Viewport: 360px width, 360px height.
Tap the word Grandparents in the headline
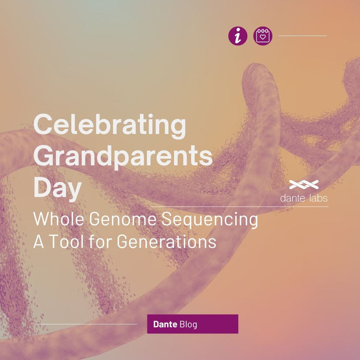[x=122, y=156]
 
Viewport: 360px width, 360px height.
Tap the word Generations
[x=167, y=241]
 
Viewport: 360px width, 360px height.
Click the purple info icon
[x=238, y=36]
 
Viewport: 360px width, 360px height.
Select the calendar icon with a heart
[x=263, y=36]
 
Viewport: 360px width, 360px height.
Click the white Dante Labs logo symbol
[x=304, y=184]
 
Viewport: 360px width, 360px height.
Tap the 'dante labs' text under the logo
[x=304, y=197]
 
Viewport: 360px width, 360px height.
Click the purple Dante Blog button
[x=192, y=324]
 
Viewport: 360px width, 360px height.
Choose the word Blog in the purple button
[x=188, y=324]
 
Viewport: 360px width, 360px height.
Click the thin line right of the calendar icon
[x=302, y=36]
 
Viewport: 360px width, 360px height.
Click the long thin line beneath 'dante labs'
[x=240, y=207]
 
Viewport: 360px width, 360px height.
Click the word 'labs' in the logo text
[x=317, y=197]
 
